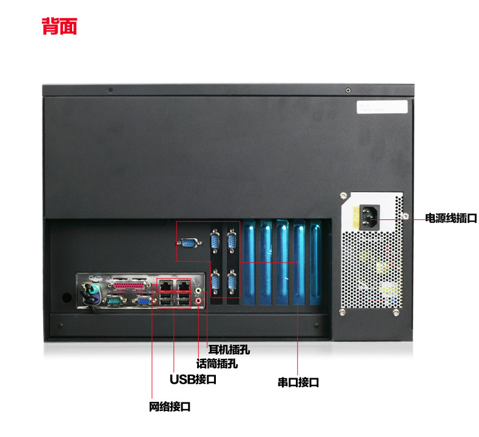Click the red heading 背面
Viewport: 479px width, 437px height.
[x=59, y=27]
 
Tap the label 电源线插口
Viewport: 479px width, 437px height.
[x=451, y=218]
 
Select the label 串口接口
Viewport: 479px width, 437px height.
[x=298, y=382]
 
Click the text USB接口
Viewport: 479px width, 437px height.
[x=193, y=379]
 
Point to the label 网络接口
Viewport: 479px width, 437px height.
[x=170, y=407]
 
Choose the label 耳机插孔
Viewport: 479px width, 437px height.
[x=229, y=350]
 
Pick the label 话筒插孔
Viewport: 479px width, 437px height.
[x=216, y=364]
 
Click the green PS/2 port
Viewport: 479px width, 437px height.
[x=92, y=290]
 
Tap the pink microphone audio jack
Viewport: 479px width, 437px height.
[x=198, y=299]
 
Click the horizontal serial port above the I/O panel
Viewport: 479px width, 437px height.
[x=189, y=243]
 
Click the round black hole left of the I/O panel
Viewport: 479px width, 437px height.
[x=66, y=298]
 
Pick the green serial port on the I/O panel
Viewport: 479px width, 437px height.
[x=113, y=300]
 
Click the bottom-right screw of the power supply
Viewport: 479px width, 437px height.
[x=395, y=313]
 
